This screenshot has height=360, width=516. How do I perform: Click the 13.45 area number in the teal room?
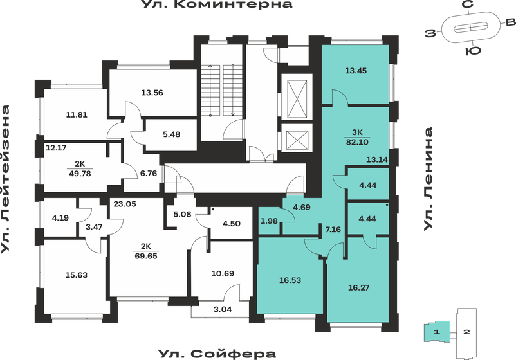click(x=356, y=71)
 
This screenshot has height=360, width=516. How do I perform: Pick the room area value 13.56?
click(x=152, y=92)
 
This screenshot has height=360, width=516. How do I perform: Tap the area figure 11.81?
click(x=77, y=116)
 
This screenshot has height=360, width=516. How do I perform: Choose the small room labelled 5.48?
click(x=172, y=134)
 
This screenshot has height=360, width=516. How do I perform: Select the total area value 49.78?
click(x=80, y=172)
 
